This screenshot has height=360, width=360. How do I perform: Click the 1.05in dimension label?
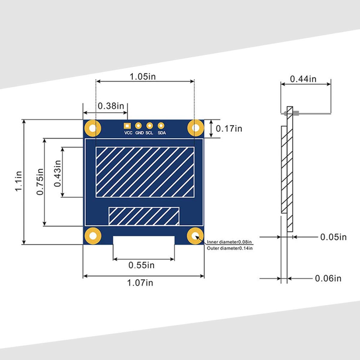tap(142, 76)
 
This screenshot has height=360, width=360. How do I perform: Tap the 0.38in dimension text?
tap(111, 106)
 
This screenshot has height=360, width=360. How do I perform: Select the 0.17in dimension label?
tap(229, 128)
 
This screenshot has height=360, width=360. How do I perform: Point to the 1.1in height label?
tap(19, 181)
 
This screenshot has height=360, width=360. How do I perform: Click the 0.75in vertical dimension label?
tap(40, 182)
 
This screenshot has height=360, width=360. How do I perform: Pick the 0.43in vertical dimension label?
tap(58, 174)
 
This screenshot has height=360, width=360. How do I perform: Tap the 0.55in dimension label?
tap(141, 265)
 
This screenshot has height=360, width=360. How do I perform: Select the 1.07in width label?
tap(140, 283)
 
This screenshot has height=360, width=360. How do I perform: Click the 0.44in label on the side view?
tap(303, 79)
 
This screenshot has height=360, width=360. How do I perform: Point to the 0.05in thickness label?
tap(334, 237)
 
